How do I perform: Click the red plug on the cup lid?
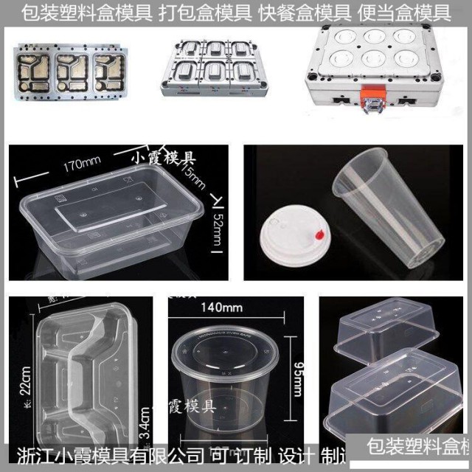tap(319, 235)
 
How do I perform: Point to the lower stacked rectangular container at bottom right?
tap(395, 398)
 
